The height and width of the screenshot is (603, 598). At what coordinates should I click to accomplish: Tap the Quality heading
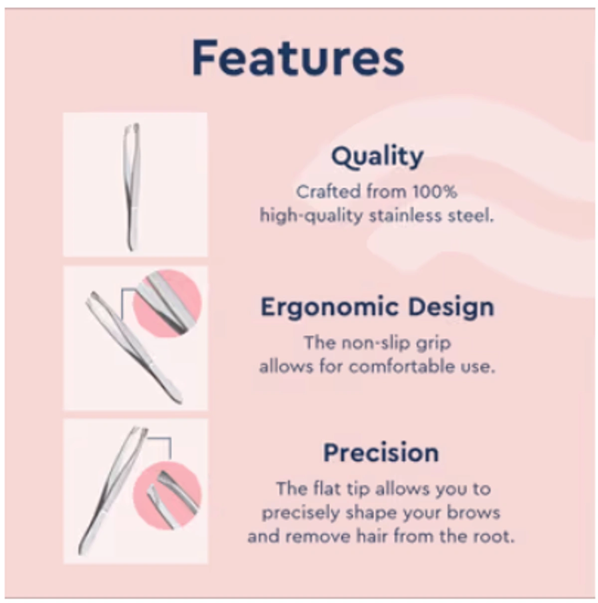point(377,157)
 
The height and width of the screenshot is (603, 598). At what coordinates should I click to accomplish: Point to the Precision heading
point(381,453)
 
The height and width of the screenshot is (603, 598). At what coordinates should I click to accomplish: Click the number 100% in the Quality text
point(435,192)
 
